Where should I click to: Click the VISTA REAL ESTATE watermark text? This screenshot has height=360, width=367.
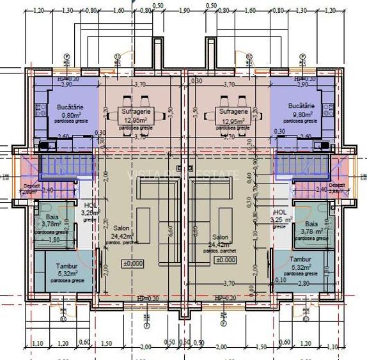183,175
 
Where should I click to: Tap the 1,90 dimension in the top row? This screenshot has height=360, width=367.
183,11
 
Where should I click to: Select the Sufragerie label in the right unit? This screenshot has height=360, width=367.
233,111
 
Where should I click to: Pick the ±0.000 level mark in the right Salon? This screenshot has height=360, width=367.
225,260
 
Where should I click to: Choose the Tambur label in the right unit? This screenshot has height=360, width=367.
299,260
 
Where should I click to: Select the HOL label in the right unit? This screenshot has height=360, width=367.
279,212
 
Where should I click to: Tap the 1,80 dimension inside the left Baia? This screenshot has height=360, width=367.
54,240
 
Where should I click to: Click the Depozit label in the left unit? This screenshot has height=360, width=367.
31,185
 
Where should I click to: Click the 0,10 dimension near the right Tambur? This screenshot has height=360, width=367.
279,279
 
